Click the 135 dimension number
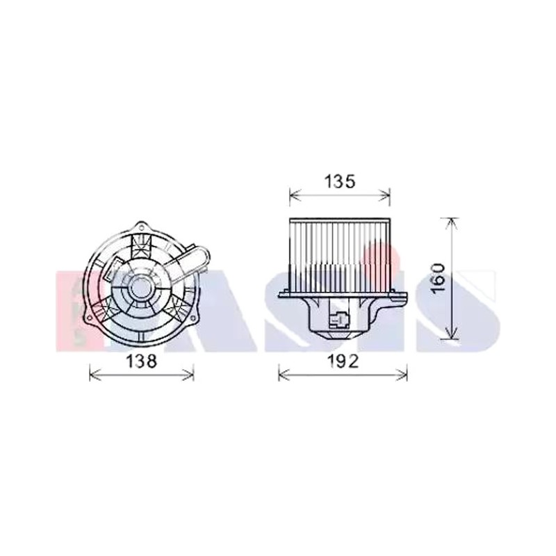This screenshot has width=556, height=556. [x=340, y=181]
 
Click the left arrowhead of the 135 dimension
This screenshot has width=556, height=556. [x=295, y=195]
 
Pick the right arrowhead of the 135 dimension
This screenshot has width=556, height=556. [x=385, y=195]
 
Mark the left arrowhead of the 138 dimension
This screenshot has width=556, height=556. [x=95, y=374]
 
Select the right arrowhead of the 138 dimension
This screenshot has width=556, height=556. [x=188, y=374]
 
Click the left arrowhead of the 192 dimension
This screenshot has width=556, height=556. [x=284, y=374]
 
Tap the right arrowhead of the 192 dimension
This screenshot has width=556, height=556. [x=402, y=374]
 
